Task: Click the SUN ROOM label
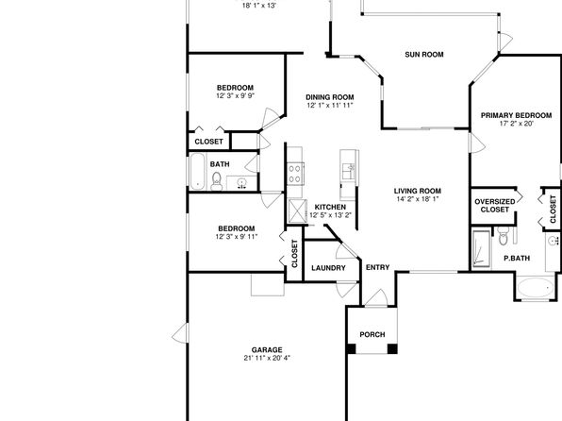click(x=424, y=55)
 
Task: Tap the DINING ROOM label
click(x=330, y=97)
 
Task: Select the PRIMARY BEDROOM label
click(x=516, y=115)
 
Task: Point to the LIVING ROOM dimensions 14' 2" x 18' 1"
click(x=418, y=199)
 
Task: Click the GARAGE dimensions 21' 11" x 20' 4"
click(x=267, y=358)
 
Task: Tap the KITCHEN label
click(x=330, y=207)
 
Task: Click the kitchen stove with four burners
click(x=295, y=174)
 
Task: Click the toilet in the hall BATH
click(x=217, y=181)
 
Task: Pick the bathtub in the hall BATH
click(x=197, y=172)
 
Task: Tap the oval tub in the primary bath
click(x=536, y=288)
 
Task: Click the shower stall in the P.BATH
click(x=481, y=249)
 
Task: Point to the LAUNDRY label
click(x=328, y=268)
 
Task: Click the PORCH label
click(x=372, y=334)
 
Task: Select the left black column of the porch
click(x=351, y=348)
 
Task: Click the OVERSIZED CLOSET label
click(x=495, y=206)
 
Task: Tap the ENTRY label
click(x=378, y=267)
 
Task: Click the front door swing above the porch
click(x=376, y=298)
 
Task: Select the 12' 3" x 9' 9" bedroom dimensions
click(x=236, y=96)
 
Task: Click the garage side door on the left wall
click(x=180, y=333)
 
